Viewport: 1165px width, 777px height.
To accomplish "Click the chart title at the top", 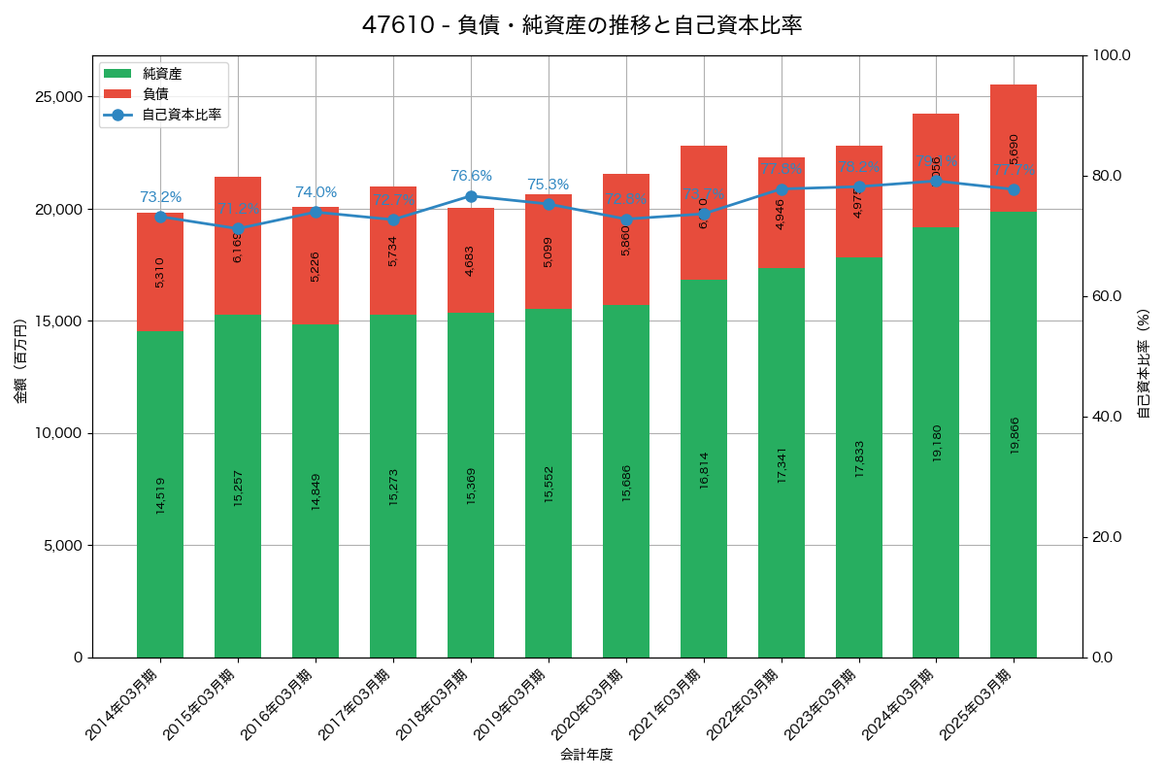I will click(x=582, y=25).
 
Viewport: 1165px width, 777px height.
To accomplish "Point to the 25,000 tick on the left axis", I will click(x=58, y=97).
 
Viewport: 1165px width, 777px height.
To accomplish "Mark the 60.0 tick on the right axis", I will click(x=1106, y=296).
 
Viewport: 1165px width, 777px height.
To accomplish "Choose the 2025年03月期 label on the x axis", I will click(x=977, y=704).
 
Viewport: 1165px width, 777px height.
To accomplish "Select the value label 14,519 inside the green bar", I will click(x=160, y=494).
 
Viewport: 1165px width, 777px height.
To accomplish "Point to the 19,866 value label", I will click(x=1015, y=435).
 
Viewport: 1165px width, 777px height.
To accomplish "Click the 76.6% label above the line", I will click(x=471, y=176).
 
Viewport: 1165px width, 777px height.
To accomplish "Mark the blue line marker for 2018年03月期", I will click(x=471, y=196).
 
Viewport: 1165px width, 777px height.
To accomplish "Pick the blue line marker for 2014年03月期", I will click(x=160, y=217).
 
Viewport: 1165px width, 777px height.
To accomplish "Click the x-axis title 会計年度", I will click(x=586, y=755).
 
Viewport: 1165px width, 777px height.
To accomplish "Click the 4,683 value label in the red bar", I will click(x=471, y=259).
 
